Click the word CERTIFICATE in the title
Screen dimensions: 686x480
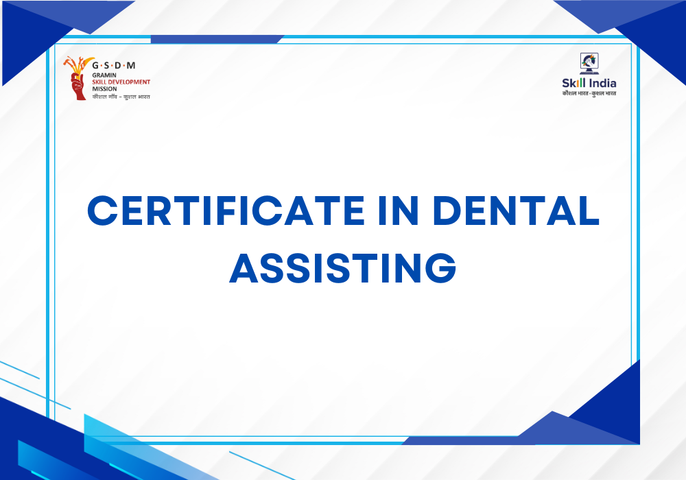226,211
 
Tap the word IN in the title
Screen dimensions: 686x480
398,211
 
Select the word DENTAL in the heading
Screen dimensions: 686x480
516,211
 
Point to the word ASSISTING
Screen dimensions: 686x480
343,267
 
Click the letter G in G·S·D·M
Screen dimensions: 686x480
95,66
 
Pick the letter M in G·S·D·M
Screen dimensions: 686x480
131,66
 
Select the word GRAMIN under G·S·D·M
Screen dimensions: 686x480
104,75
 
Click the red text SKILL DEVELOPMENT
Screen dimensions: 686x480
121,82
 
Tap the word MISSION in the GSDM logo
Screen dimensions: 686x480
104,88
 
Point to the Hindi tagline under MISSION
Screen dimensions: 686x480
121,97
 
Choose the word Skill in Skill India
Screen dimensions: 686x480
573,83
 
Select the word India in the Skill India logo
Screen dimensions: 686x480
602,83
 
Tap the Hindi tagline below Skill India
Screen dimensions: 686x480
589,93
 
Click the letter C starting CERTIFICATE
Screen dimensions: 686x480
102,211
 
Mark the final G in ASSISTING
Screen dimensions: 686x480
440,267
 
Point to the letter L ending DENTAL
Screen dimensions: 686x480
589,211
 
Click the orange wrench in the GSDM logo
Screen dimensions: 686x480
69,62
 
